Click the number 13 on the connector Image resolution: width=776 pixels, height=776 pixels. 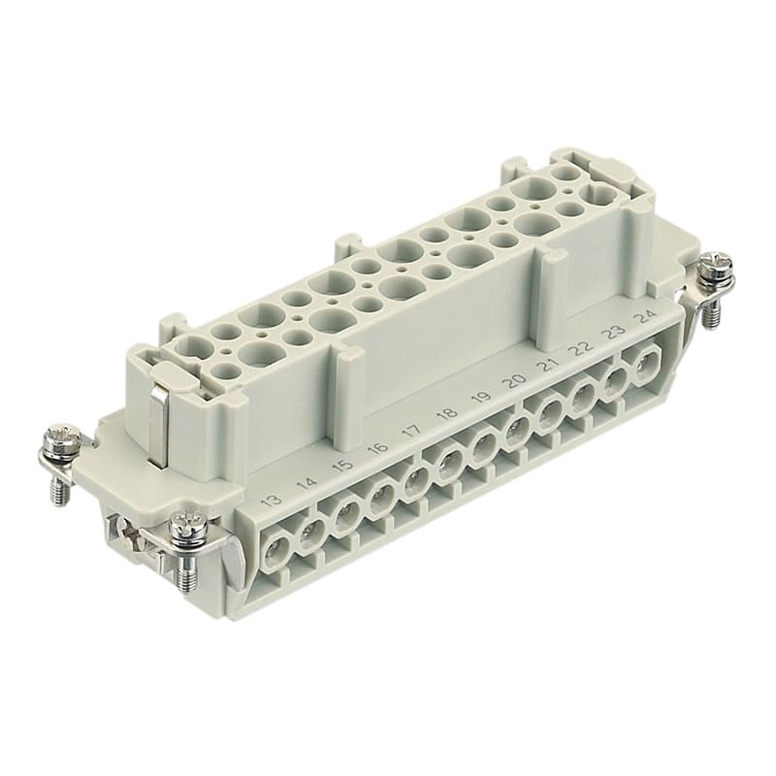coord(271,501)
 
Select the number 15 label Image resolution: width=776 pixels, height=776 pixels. coord(343,465)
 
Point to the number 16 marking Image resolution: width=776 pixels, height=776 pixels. coord(378,448)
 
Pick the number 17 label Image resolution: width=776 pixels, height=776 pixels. coord(413,431)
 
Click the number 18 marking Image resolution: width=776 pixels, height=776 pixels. coord(448,414)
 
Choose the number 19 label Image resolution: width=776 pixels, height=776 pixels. coord(481,398)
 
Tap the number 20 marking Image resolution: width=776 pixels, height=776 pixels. coord(514,381)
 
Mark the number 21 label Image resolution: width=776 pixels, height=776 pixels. coord(547,365)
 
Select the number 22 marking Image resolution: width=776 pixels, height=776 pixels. coord(581,348)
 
